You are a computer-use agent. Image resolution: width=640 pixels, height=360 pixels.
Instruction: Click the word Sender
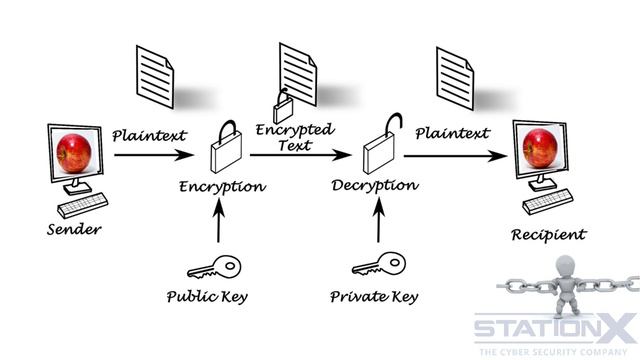(74, 229)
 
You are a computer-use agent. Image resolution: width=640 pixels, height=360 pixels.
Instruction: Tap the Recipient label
(549, 235)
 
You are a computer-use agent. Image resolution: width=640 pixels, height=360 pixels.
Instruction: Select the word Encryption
(222, 187)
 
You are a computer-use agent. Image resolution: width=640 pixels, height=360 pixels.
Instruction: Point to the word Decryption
(375, 186)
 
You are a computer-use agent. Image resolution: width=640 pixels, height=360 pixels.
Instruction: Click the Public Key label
(207, 297)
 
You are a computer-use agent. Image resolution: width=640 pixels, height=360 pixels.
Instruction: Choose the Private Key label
(374, 297)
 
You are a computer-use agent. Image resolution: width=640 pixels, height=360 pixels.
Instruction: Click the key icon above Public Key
(214, 267)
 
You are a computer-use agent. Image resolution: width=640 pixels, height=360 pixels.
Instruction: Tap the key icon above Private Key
(379, 264)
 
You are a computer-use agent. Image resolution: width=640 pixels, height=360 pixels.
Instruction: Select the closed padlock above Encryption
(226, 147)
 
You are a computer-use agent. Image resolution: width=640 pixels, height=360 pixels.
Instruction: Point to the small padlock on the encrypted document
(282, 107)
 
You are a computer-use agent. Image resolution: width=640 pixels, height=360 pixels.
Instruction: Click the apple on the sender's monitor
(74, 153)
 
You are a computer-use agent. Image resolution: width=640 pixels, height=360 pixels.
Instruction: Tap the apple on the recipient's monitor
(540, 149)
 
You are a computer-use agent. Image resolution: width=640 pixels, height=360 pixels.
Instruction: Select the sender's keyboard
(83, 205)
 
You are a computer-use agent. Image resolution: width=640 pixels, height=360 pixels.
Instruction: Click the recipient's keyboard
(548, 201)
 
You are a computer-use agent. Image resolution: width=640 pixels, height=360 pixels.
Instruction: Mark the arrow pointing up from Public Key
(219, 220)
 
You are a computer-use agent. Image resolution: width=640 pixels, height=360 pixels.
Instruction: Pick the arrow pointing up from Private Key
(379, 220)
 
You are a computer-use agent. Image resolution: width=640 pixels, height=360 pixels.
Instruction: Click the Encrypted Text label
(295, 138)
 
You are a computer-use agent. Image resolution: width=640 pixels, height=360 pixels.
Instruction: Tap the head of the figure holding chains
(566, 267)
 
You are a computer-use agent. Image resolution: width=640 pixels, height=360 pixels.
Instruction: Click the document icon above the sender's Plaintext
(155, 77)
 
